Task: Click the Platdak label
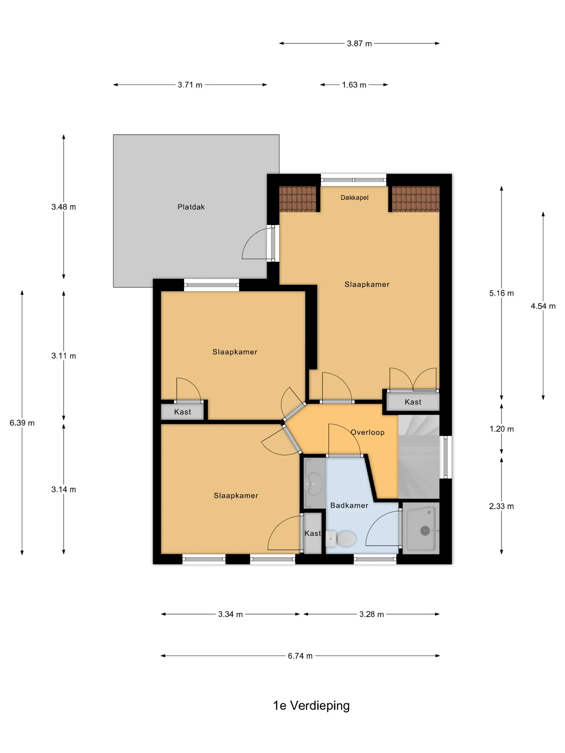click(x=191, y=207)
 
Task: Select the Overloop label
click(x=368, y=432)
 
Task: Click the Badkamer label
click(x=349, y=506)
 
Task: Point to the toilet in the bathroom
click(x=341, y=539)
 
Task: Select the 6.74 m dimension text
click(x=300, y=656)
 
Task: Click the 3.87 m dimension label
click(x=359, y=44)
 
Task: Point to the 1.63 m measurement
click(x=354, y=85)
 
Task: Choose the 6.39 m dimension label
click(x=22, y=423)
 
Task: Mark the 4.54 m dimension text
click(x=543, y=306)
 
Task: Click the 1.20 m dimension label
click(x=501, y=429)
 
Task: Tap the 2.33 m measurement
click(x=501, y=506)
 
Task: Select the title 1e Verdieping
click(x=311, y=706)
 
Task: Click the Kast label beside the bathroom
click(x=313, y=534)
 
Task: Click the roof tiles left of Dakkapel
click(x=298, y=199)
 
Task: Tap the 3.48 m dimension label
click(x=63, y=207)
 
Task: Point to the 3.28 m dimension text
click(x=372, y=615)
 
